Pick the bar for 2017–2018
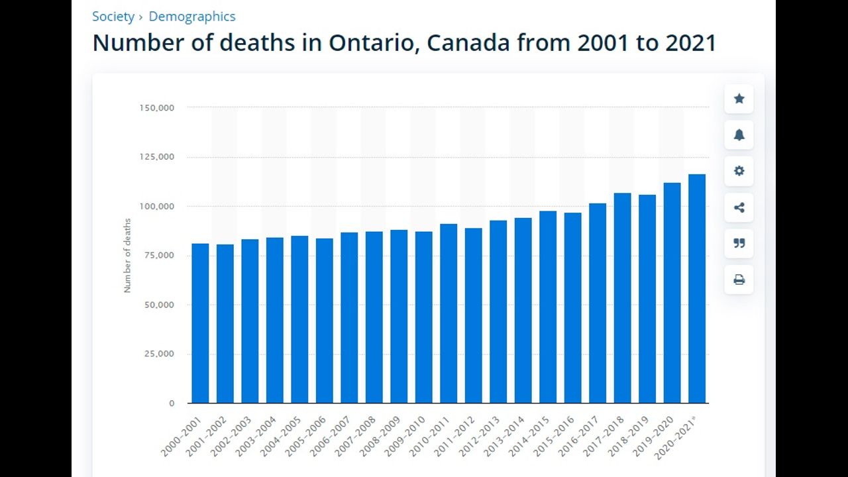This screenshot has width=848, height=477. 622,298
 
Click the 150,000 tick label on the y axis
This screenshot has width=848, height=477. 156,107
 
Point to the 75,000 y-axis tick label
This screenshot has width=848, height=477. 159,255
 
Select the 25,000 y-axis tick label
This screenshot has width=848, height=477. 159,354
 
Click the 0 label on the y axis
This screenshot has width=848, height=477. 172,403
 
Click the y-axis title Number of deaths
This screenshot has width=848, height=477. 127,255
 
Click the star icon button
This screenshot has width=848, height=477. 739,99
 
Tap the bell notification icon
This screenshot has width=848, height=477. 739,135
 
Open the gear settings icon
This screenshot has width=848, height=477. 739,171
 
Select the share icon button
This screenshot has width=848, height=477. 739,207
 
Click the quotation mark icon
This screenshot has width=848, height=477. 739,243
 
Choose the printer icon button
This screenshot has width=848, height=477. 739,280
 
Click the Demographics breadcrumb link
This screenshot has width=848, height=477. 191,17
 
